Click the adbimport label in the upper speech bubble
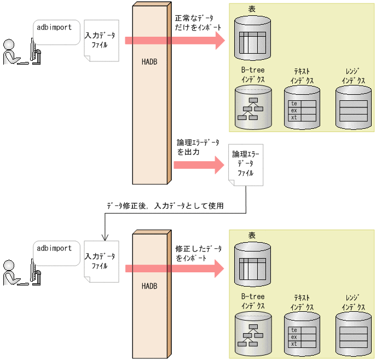[x=54, y=27]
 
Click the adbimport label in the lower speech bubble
[x=54, y=248]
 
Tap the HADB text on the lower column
[x=149, y=286]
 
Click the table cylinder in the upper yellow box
[x=252, y=38]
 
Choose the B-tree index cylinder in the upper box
[x=253, y=106]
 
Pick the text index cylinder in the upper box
[x=302, y=107]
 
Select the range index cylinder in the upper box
[x=353, y=107]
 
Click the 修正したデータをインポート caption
[x=198, y=253]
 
